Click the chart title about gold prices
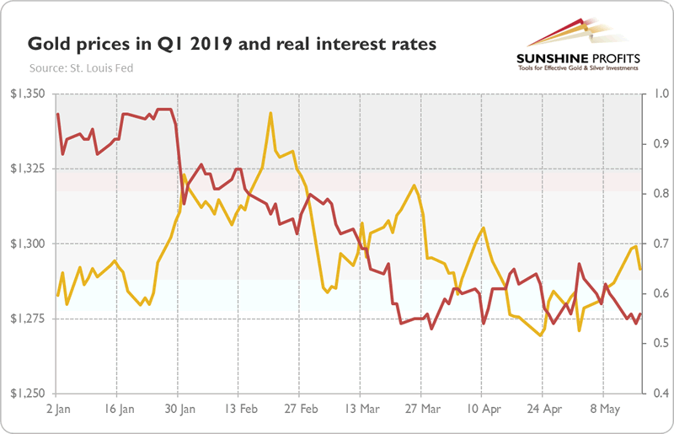[x=233, y=43]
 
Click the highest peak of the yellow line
[x=270, y=113]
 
